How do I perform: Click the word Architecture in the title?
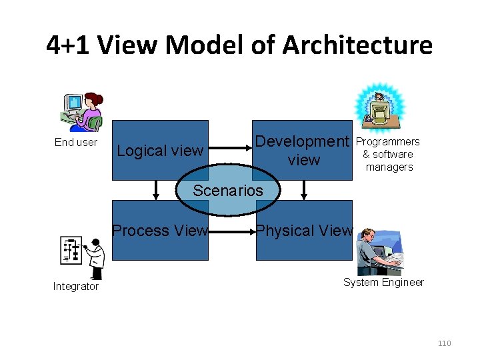point(357,45)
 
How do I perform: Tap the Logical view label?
point(159,151)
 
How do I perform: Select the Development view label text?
point(303,151)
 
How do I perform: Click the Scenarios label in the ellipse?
point(228,191)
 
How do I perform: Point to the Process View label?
point(160,231)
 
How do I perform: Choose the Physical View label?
point(304,231)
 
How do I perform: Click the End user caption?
point(75,142)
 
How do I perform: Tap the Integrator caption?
point(75,287)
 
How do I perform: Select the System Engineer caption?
point(383,282)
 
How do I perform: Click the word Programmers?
point(387,141)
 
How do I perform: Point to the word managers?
point(389,167)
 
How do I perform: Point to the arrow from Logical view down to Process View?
point(156,190)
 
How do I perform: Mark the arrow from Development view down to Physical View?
point(304,190)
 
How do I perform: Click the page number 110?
point(444,343)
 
